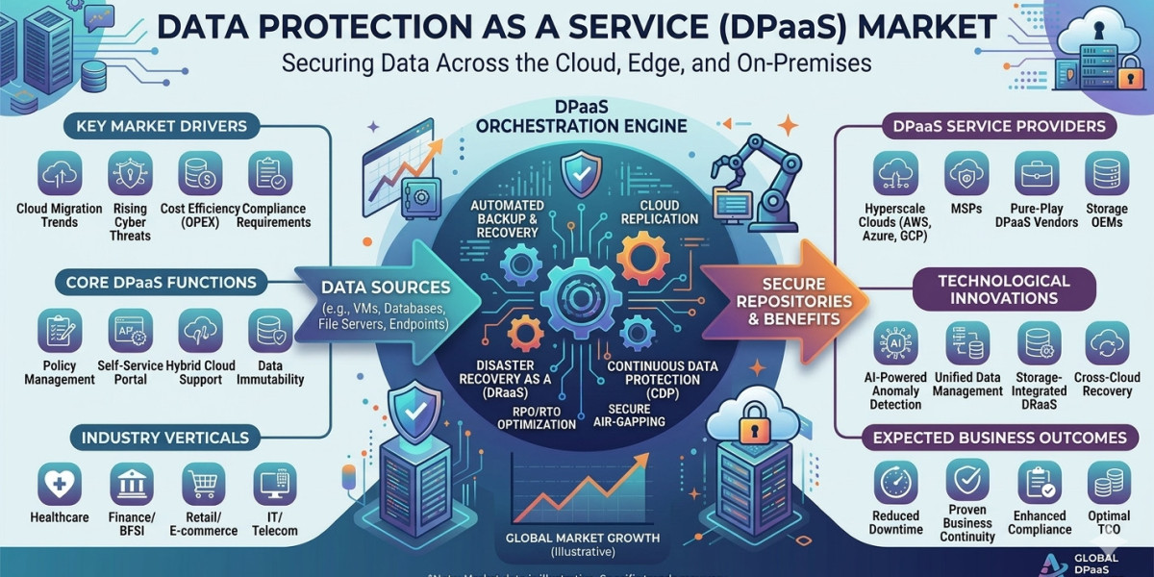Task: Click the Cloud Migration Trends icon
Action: [59, 174]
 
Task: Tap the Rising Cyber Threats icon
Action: [130, 174]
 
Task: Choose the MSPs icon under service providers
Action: [966, 174]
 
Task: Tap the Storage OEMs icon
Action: [1107, 174]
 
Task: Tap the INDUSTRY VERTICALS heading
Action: [165, 438]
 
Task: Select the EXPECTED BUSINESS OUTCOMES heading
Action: [999, 438]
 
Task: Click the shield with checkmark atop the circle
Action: [582, 170]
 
